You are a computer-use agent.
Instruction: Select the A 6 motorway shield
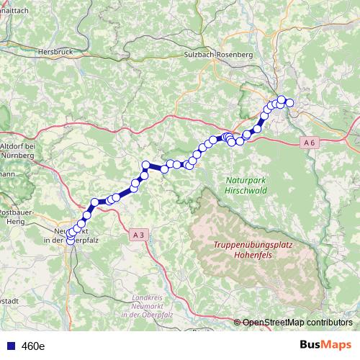tap(309, 143)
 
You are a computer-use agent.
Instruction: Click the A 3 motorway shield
tap(139, 234)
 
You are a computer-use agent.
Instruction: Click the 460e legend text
tap(32, 346)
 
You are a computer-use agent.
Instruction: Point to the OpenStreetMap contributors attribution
tap(297, 322)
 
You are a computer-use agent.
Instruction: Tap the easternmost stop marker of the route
tap(289, 103)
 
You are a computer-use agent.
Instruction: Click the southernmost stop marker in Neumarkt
tap(71, 241)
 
